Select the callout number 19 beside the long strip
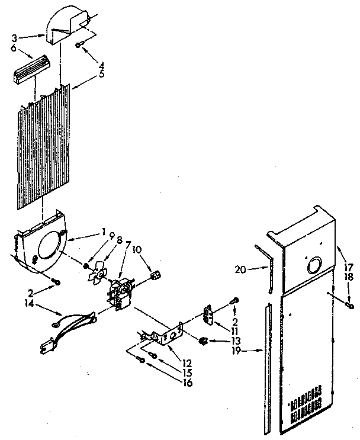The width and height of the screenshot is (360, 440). click(240, 351)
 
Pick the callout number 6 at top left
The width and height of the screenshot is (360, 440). click(14, 48)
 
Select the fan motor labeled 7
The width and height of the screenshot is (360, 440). click(121, 293)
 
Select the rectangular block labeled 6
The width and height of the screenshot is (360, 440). click(29, 66)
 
